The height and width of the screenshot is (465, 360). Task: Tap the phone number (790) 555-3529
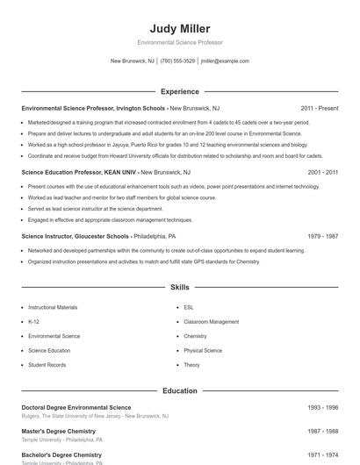point(177,61)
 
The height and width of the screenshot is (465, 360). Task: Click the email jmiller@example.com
point(225,61)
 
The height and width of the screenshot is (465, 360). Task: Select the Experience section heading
point(179,91)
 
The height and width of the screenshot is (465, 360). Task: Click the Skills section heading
point(179,287)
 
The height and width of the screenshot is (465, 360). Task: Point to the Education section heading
point(179,390)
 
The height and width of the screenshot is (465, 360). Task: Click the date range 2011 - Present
point(319,108)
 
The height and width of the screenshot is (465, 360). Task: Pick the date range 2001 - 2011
point(322,173)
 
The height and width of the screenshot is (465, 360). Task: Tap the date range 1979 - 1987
point(322,237)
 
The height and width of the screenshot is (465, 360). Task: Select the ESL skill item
point(189,308)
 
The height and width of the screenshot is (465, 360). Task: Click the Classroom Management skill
point(211,322)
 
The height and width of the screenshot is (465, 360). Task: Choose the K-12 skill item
point(34,322)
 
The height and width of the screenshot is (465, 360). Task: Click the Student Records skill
point(47,365)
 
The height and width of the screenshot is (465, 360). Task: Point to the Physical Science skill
point(203,351)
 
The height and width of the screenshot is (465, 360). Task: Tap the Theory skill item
point(191,365)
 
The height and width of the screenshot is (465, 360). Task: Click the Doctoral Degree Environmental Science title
point(76,408)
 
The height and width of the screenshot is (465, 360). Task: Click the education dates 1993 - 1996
point(322,408)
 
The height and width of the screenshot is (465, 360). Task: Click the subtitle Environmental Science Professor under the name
point(179,42)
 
